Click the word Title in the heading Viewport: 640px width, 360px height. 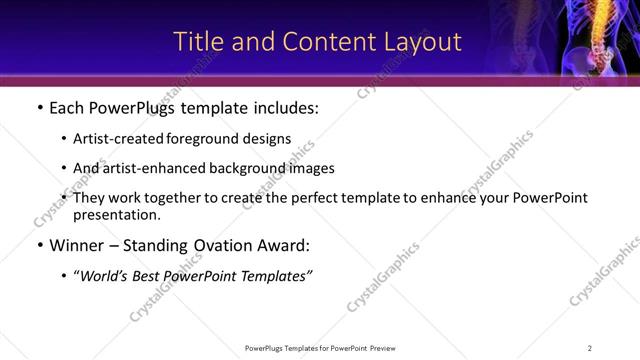(x=198, y=42)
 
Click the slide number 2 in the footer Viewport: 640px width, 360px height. (x=590, y=347)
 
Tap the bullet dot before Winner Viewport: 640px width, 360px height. (x=39, y=245)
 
